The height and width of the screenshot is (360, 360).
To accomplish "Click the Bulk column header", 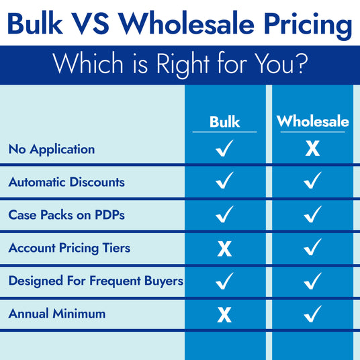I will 224,122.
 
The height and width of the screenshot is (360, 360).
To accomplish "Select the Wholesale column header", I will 312,122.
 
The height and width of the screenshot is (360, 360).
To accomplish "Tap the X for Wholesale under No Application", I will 312,148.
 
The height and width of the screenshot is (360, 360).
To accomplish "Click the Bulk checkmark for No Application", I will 224,148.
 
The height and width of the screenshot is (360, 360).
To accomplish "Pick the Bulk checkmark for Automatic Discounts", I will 224,181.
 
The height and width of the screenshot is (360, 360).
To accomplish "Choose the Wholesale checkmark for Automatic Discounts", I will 312,181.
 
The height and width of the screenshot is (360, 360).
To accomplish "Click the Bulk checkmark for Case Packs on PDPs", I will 224,215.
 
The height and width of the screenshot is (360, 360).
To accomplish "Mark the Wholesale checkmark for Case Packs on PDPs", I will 312,215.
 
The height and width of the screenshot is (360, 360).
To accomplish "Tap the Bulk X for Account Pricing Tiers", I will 224,249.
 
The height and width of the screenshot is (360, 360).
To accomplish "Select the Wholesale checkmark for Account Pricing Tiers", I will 312,248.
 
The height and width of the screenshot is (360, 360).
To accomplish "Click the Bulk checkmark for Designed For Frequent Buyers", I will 224,281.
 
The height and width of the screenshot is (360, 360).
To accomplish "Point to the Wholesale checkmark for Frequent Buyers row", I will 312,281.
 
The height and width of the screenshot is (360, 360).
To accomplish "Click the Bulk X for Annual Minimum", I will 224,314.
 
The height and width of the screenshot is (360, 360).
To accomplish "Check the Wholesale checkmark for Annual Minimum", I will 312,314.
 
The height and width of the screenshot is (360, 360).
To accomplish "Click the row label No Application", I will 52,149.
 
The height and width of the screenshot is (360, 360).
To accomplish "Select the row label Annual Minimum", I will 57,314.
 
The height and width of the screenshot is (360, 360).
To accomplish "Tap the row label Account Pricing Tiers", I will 69,248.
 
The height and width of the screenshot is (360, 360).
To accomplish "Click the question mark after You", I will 302,65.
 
